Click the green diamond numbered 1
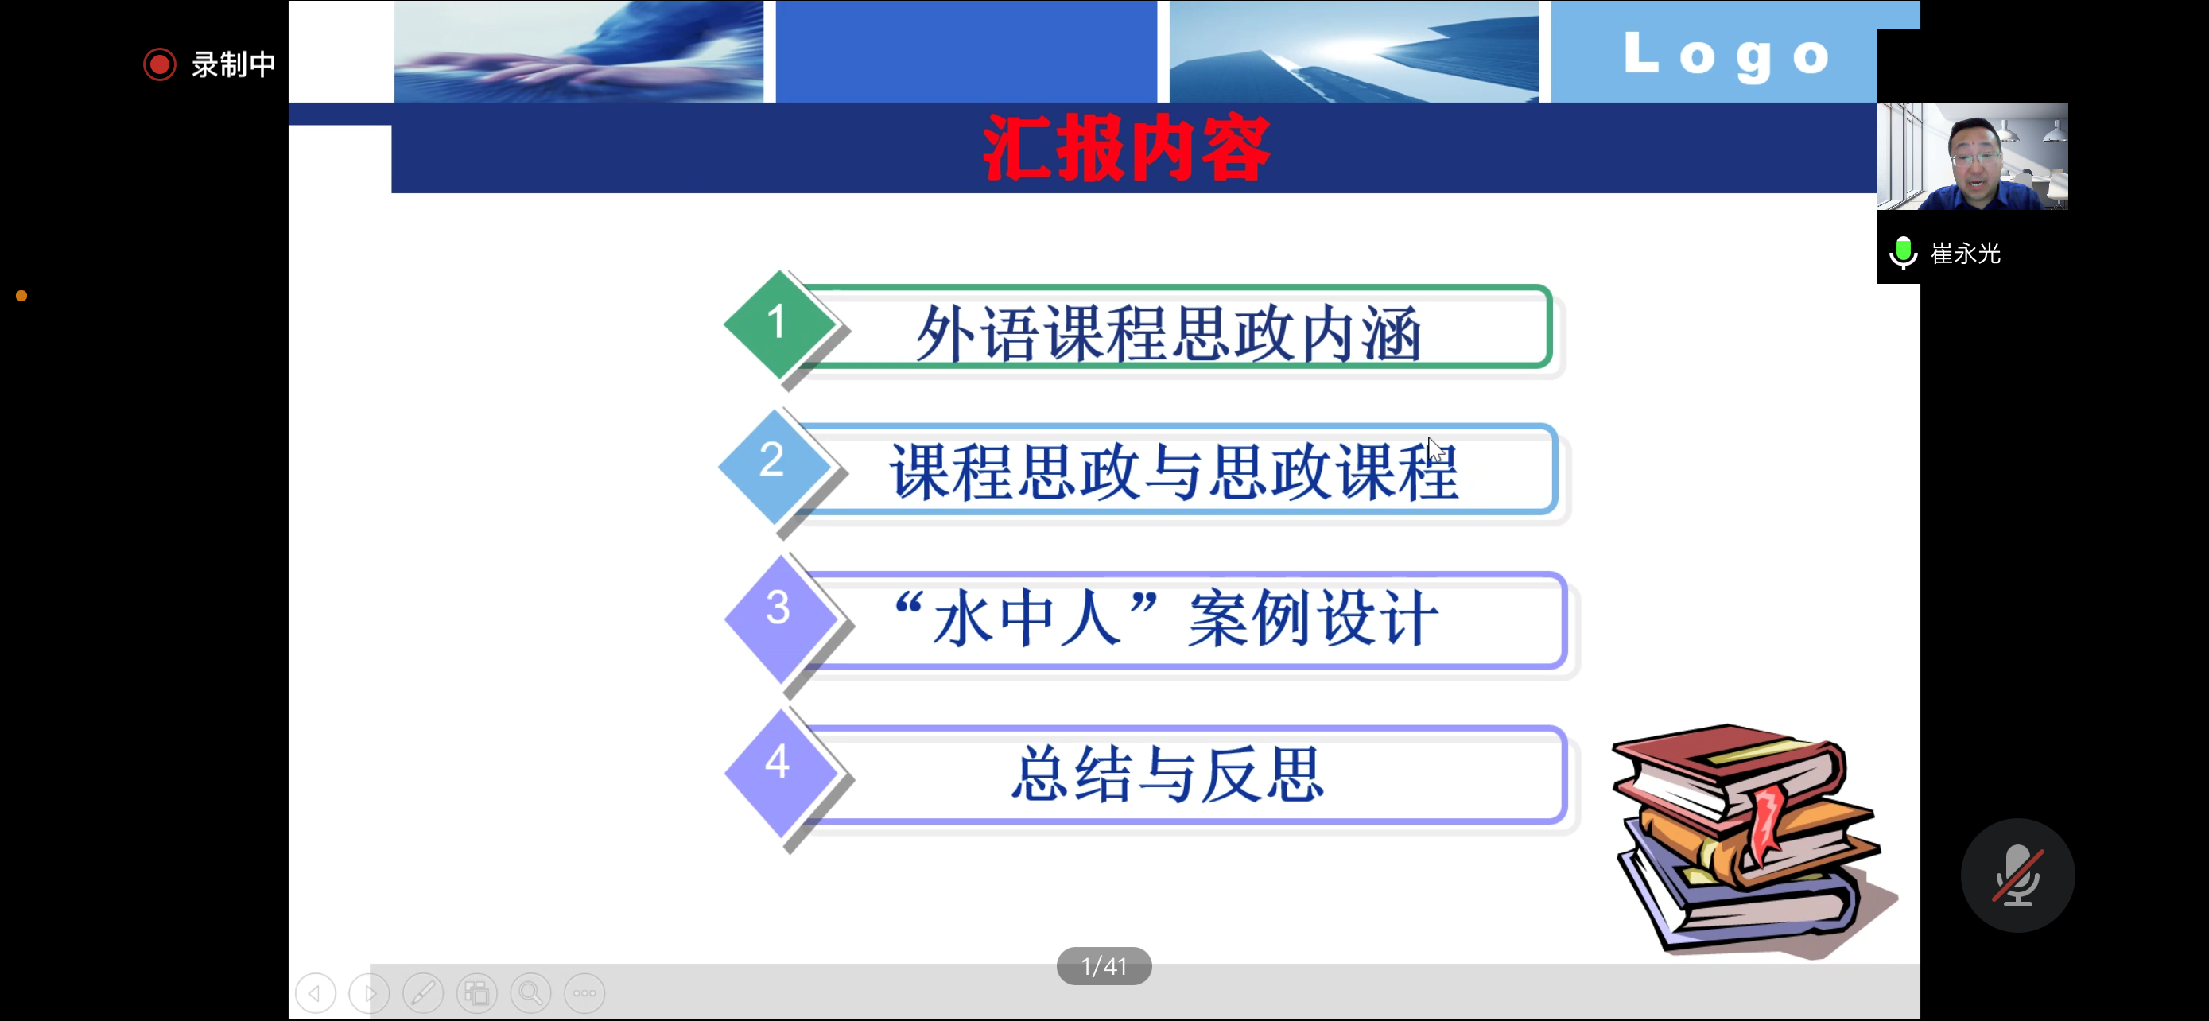[778, 324]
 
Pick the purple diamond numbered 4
[779, 772]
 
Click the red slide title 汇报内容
[1126, 149]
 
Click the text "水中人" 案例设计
[1166, 618]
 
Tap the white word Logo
[1726, 56]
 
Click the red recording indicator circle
[160, 64]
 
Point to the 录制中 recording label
[233, 64]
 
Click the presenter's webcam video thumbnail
[1972, 156]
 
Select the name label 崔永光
[1966, 254]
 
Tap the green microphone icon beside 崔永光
[1903, 253]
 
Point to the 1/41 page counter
[1104, 966]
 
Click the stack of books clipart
[1753, 840]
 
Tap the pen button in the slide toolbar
[424, 992]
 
